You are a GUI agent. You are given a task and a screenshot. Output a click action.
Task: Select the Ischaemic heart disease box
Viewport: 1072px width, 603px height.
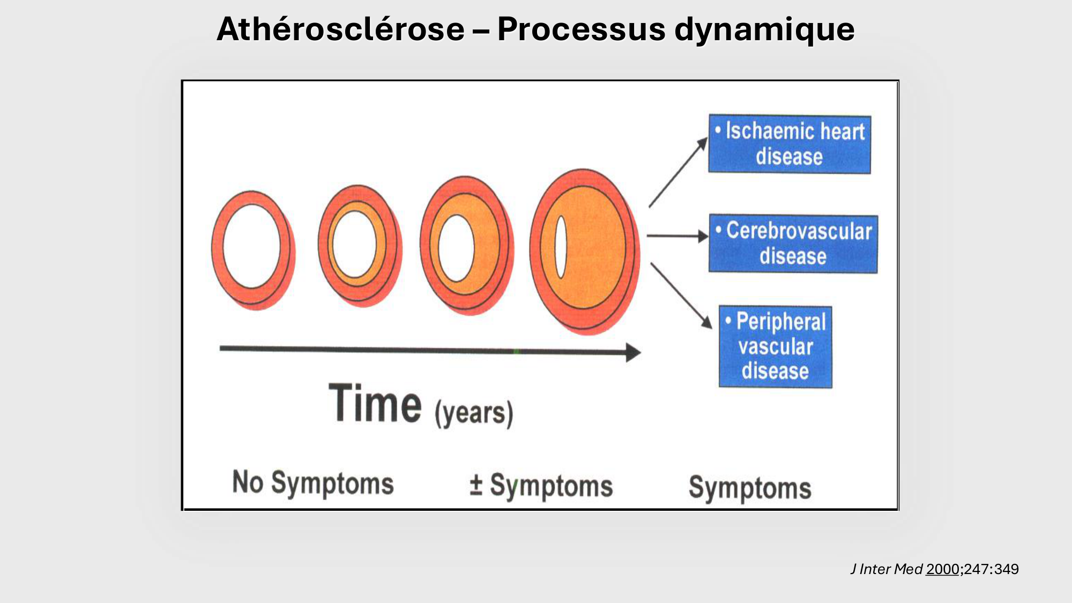point(790,144)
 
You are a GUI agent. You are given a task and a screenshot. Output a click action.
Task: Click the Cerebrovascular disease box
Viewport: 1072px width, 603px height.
point(793,244)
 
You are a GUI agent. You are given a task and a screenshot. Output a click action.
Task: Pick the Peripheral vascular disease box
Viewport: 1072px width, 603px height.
point(775,347)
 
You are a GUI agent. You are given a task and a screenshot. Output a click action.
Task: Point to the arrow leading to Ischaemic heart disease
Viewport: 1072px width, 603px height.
point(678,173)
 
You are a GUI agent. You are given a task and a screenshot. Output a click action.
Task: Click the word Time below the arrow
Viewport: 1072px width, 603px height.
point(375,405)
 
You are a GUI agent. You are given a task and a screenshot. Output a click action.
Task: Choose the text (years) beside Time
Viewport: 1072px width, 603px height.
point(474,413)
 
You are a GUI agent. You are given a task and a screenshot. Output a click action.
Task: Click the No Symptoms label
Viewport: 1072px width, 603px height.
point(313,483)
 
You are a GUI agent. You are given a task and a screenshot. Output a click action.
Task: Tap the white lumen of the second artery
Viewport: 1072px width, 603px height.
point(354,244)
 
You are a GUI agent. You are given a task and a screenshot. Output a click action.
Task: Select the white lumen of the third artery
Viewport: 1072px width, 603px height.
point(456,248)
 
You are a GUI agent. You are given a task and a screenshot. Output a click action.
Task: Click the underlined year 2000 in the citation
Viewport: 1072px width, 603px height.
point(942,569)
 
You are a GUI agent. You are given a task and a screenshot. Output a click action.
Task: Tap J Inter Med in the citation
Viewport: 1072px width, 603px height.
point(887,569)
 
